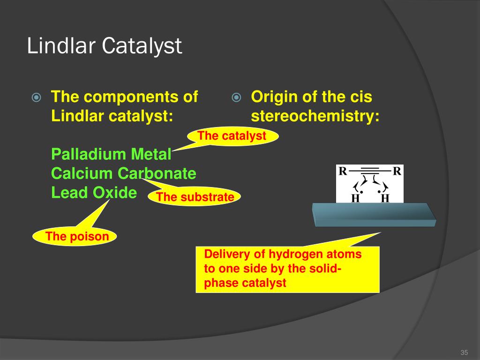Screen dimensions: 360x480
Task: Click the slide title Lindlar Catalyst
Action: [x=104, y=47]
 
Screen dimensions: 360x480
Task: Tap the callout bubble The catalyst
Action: [x=232, y=136]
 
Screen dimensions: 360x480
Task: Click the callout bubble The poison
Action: [x=77, y=237]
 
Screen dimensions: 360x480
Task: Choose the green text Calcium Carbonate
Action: [x=123, y=173]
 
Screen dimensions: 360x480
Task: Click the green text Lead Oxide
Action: [x=94, y=193]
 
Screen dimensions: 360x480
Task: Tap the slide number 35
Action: [x=465, y=352]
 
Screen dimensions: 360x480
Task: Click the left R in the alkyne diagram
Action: [x=343, y=172]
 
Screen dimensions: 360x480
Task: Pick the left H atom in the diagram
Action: [x=355, y=198]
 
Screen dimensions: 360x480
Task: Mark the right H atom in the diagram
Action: [x=385, y=198]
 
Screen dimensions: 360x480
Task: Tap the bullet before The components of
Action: [x=37, y=98]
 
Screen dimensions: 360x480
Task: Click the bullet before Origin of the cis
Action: [x=237, y=98]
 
